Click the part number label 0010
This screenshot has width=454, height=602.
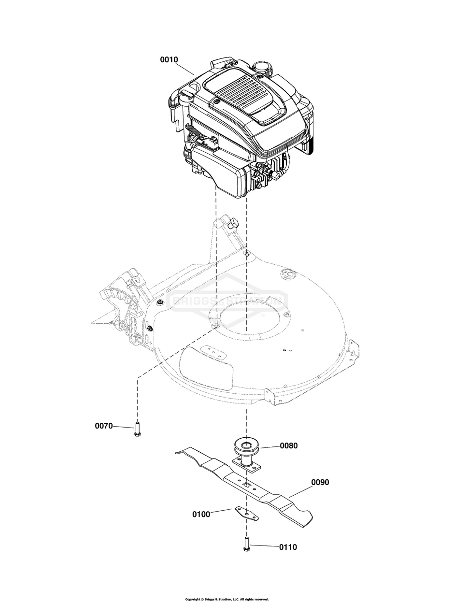point(169,59)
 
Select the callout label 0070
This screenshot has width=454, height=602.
point(104,426)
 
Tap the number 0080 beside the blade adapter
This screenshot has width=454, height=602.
point(289,445)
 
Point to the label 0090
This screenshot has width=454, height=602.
point(320,482)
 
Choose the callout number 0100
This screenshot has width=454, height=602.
point(201,514)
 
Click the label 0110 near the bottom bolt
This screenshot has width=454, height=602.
point(288,547)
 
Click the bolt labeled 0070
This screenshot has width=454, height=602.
point(137,429)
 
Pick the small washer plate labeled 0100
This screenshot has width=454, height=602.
point(247,514)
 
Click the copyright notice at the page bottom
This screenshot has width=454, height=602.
point(227,599)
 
